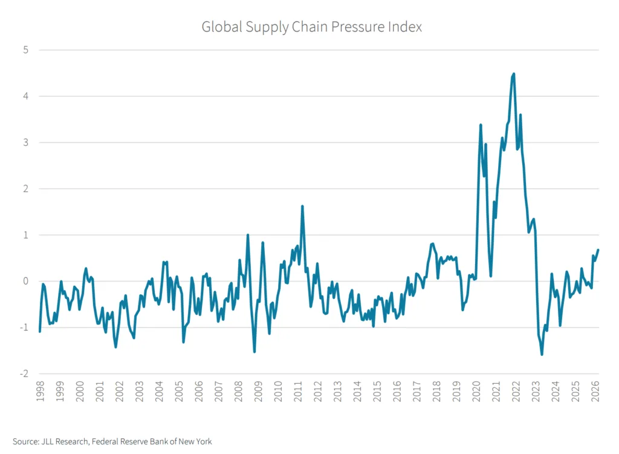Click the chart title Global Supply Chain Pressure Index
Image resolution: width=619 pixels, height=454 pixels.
click(311, 27)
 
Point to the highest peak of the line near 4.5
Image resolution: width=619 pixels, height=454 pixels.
click(514, 74)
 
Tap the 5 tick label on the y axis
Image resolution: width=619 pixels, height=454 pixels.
click(26, 50)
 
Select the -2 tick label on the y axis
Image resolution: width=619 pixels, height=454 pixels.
click(24, 373)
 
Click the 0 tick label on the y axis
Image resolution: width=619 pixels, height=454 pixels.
click(26, 281)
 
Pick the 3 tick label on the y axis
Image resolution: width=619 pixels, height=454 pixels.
click(26, 142)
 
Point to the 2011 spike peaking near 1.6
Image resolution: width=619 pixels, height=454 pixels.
click(302, 206)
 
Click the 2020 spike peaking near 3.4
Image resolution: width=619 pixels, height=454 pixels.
click(481, 125)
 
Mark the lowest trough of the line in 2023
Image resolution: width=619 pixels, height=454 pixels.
click(542, 354)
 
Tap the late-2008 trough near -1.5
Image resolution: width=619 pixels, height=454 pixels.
click(254, 351)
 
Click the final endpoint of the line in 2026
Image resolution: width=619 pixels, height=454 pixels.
click(598, 249)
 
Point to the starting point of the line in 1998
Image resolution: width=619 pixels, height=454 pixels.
click(40, 331)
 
